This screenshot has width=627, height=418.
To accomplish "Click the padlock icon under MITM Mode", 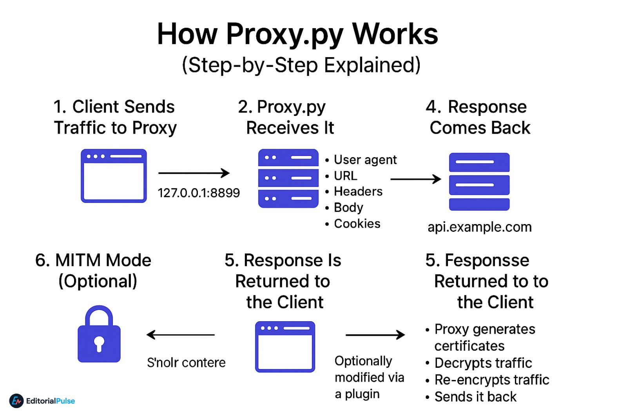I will point(99,335).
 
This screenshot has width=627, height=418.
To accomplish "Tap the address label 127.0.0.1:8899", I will point(198,193).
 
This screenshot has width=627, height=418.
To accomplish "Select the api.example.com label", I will point(479,227).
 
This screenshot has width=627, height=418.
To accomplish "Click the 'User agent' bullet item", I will point(365,160).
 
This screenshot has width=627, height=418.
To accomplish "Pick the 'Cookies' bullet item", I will point(357,224).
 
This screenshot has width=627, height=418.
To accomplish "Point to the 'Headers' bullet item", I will point(358,192).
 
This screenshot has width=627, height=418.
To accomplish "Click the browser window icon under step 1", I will point(114,176).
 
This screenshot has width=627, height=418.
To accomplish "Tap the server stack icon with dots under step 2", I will point(288,178).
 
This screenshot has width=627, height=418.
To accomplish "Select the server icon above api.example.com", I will point(479,182).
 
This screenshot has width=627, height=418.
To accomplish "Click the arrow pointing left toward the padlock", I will point(181,335).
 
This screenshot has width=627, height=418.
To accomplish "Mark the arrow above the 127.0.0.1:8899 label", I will point(194,173).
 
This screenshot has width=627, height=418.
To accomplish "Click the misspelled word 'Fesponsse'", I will point(487,261).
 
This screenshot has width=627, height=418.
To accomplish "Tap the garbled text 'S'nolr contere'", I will point(186,363).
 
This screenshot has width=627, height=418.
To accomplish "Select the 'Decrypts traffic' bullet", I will point(483,363).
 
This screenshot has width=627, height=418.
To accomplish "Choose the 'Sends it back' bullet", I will point(475,397).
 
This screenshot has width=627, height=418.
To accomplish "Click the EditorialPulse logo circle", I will point(16,401).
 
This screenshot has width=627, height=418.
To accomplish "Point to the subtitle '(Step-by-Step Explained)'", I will point(301,65).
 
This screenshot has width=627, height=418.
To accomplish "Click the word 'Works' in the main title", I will point(395,34).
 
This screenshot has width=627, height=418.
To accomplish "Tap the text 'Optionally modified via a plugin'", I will point(369,377).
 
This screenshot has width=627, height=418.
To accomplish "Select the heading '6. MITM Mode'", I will point(93,261).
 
